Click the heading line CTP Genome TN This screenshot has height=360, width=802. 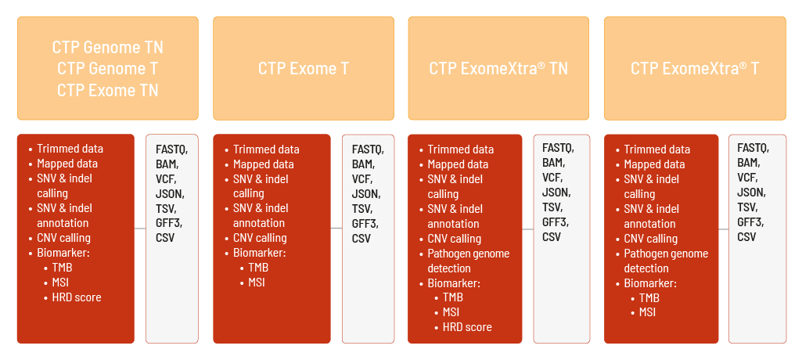point(107,47)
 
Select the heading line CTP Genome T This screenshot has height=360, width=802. point(107,69)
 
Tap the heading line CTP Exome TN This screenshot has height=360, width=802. point(107,91)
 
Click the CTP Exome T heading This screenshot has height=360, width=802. point(304,69)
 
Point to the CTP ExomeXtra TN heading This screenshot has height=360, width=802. point(498,69)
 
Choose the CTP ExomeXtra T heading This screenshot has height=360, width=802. point(695,69)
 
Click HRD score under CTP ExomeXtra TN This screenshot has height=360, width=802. point(467,327)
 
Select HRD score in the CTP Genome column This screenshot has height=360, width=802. point(76,297)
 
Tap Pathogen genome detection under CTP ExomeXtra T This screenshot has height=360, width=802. point(666,261)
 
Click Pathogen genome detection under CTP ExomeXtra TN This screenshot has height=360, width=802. point(469,261)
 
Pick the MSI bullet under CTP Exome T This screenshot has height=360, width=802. point(257,283)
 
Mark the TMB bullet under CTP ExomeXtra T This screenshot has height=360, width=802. point(649,298)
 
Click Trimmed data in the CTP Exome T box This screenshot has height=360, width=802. point(266,149)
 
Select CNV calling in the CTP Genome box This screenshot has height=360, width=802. point(63,238)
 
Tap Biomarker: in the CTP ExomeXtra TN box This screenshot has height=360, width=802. point(454,283)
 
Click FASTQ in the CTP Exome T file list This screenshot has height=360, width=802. point(368,149)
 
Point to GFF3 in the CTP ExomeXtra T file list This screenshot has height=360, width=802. point(750,222)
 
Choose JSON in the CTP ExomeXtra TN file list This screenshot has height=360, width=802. point(556,193)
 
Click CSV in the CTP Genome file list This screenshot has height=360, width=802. point(164,238)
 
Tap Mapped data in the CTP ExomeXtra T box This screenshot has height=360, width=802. point(654,164)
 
